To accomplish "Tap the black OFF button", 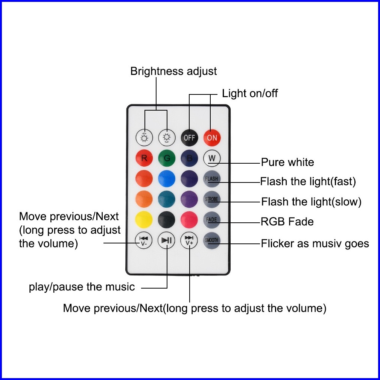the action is coord(189,138).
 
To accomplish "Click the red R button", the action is coord(144,158).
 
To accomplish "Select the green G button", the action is coord(167,158).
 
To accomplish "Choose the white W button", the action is coord(212,158).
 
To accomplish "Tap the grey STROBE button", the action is coord(212,199).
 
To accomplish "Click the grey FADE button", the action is coord(212,220).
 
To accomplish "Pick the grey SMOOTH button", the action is coord(212,240).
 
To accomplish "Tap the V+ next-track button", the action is coord(189,240).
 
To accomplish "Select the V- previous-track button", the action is coord(144,240).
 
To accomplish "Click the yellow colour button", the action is coord(144,220).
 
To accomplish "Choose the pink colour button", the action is coord(189,220).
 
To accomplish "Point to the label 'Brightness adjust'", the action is coord(173,71).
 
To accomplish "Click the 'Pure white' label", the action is coord(287,163).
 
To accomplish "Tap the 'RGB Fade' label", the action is coord(287,222).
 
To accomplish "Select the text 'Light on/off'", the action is coord(250,93).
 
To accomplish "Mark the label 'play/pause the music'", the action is coord(82,287).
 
